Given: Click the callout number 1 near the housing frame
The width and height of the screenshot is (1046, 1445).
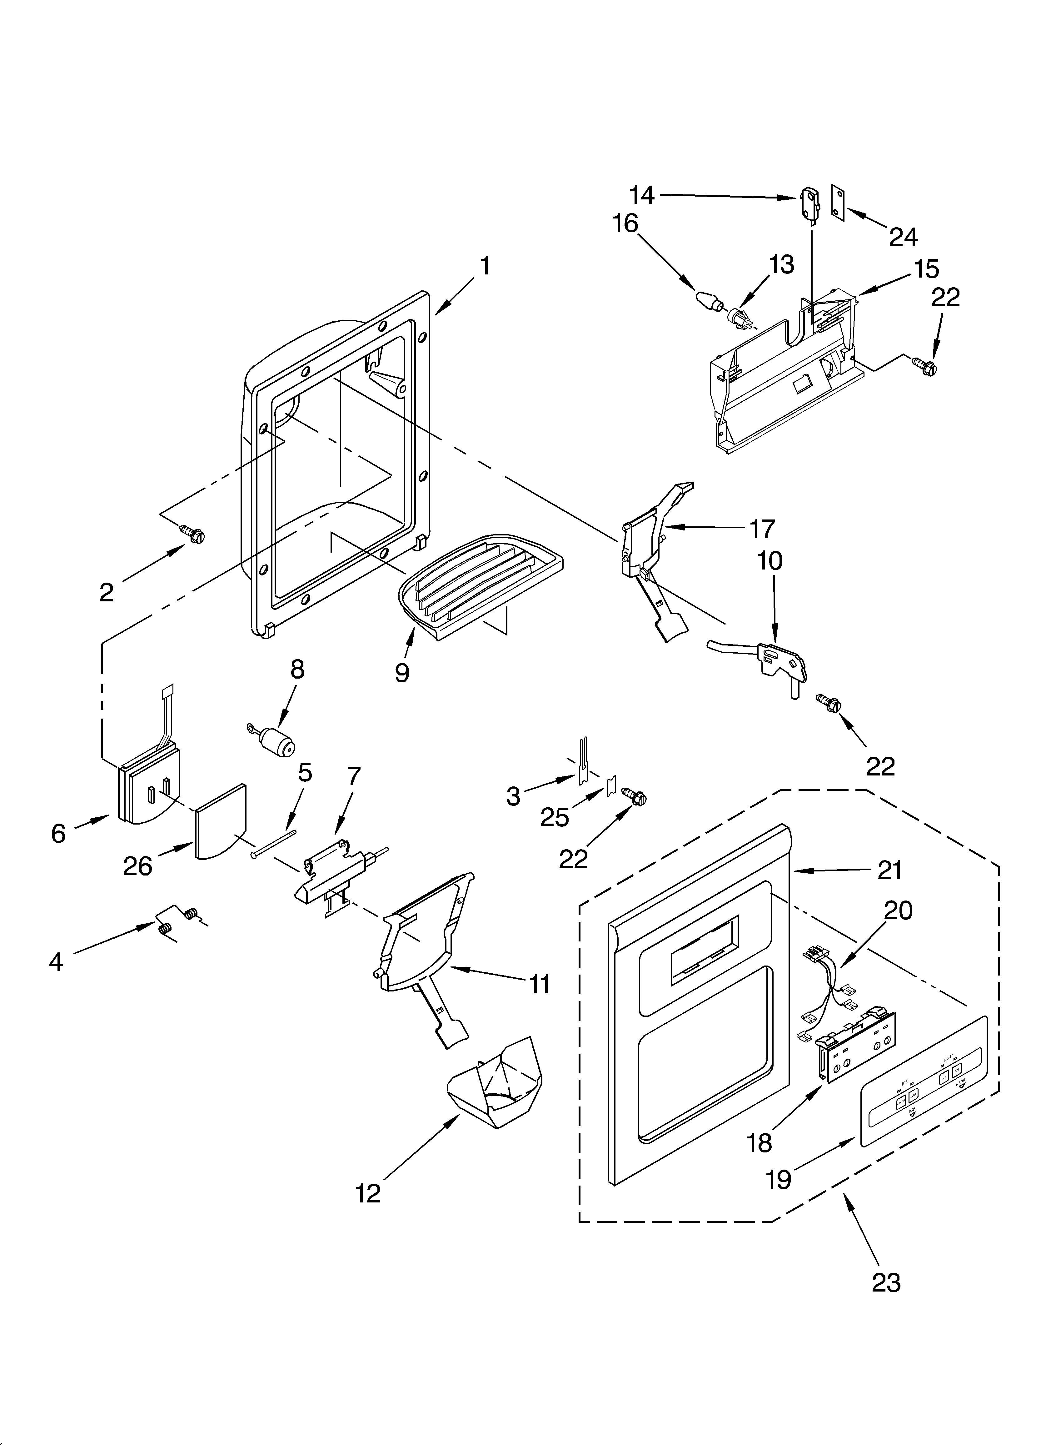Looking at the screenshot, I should tap(485, 266).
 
